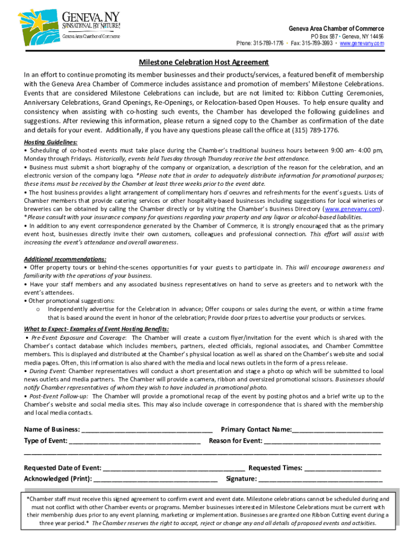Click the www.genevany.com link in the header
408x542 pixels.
(x=362, y=43)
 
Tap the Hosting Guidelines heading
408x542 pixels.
(x=51, y=142)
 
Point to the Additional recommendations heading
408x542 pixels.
(x=65, y=259)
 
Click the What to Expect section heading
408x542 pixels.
(x=96, y=329)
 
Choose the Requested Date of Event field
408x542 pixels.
(x=174, y=468)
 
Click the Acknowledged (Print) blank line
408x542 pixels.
(x=155, y=480)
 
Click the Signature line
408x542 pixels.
(x=321, y=480)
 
